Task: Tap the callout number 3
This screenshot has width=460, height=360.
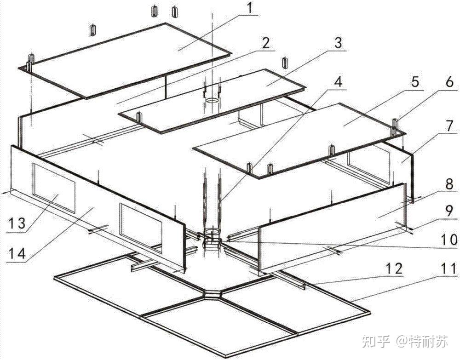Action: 338,44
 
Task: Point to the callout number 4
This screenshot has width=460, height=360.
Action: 339,83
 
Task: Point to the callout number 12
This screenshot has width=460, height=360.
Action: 394,268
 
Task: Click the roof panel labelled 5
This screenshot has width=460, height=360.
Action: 299,138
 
